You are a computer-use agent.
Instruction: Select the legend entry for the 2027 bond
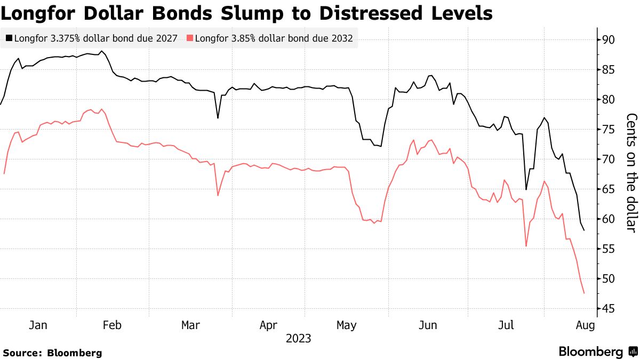[x=91, y=38]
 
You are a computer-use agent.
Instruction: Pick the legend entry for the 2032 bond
[x=270, y=38]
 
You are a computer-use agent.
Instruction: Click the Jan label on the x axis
[x=38, y=325]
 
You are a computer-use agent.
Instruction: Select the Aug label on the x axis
[x=584, y=325]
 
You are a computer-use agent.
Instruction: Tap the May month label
[x=347, y=325]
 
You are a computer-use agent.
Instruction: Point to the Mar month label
[x=191, y=325]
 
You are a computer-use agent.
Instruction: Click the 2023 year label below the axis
[x=299, y=339]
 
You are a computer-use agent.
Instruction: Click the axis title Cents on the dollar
[x=631, y=172]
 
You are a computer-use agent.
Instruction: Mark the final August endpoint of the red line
[x=584, y=293]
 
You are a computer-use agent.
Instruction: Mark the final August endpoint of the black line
[x=584, y=230]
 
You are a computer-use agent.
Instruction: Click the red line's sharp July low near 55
[x=526, y=246]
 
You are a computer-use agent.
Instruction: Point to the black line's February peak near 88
[x=101, y=51]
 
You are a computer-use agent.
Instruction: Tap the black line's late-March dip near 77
[x=218, y=118]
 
